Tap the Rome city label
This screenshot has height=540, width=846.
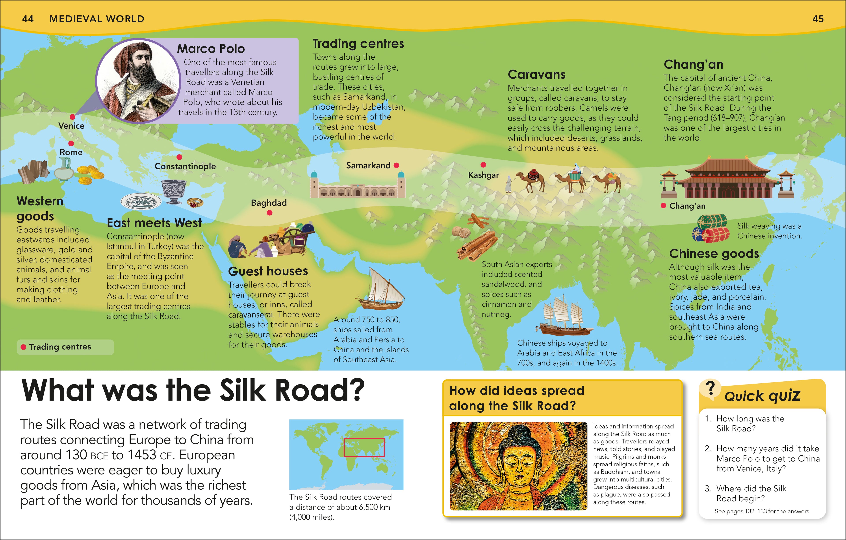71,152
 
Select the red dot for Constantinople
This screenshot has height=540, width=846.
179,157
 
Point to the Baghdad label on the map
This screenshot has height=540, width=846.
269,203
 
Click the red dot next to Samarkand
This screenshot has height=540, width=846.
397,165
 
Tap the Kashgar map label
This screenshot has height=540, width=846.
483,175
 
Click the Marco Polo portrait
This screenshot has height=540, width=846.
137,81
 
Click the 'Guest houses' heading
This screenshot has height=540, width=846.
268,271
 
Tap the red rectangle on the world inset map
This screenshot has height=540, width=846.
364,447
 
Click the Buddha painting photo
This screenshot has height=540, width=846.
518,466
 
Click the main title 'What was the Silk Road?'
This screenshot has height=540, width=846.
193,390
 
